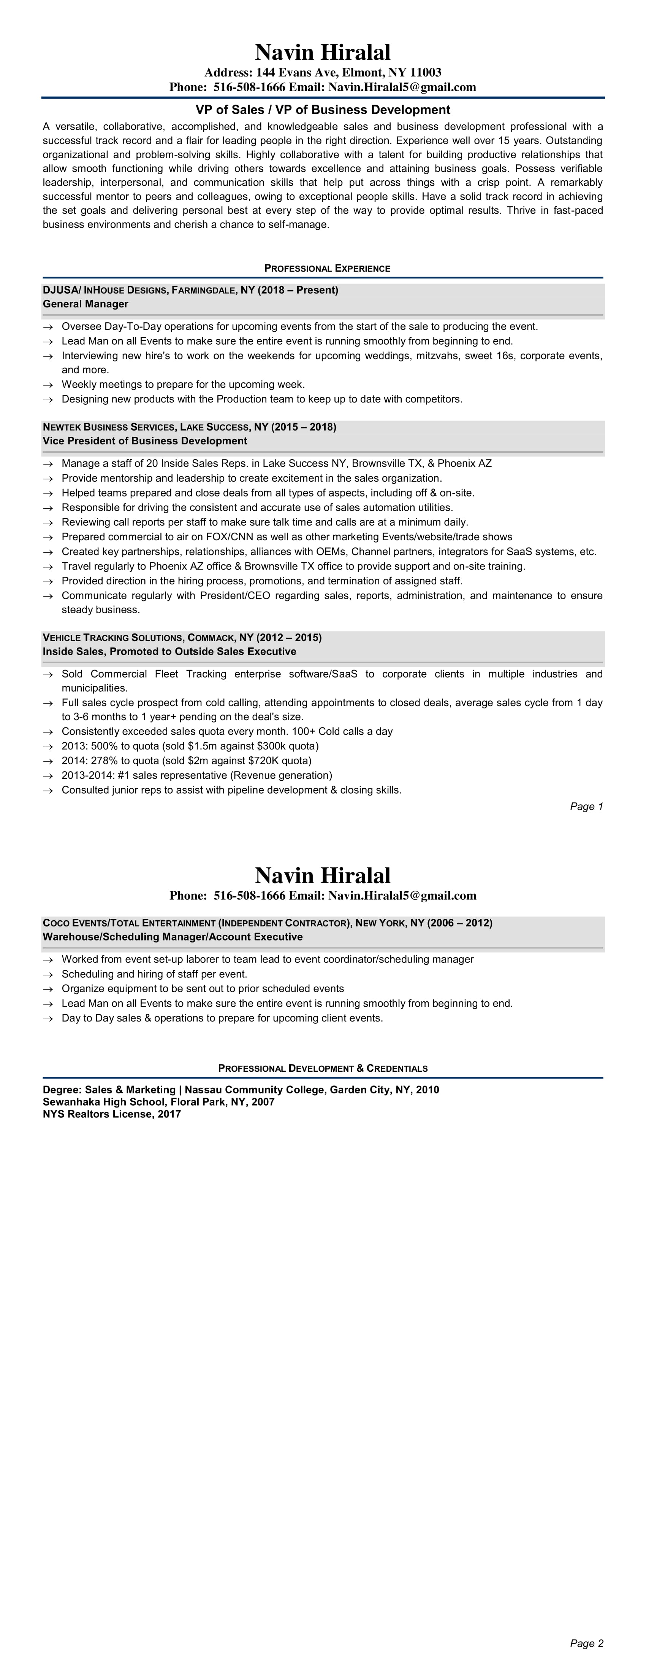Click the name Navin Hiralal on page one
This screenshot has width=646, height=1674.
[x=323, y=52]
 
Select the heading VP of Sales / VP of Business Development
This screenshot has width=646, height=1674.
[x=323, y=110]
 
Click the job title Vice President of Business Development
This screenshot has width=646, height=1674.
[x=145, y=441]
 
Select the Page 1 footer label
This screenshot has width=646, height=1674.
[x=586, y=807]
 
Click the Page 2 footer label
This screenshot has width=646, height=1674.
[x=586, y=1644]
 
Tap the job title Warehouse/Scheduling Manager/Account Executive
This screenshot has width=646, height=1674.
[x=173, y=937]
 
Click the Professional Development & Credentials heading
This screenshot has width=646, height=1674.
[x=323, y=1068]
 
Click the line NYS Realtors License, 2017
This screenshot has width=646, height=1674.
[x=112, y=1114]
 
